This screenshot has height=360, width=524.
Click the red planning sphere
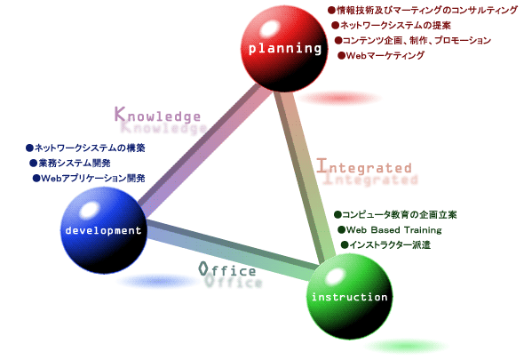point(284,49)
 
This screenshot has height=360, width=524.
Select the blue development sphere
point(104,230)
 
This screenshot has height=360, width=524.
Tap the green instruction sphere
point(350,296)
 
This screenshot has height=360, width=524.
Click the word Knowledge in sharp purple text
point(157,115)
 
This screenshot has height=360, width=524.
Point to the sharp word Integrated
point(364,166)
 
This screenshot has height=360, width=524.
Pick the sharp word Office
point(227,269)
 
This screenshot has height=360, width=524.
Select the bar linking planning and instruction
point(305,176)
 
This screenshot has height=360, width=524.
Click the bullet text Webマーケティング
point(381,55)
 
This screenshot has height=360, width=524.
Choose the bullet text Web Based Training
point(390,230)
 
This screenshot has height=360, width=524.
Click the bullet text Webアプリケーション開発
point(89,178)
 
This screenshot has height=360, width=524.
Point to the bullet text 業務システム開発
point(70,163)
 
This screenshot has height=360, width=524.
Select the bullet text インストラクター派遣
point(385,245)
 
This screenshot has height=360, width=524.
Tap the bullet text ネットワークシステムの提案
point(392,25)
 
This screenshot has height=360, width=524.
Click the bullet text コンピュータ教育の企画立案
point(395,214)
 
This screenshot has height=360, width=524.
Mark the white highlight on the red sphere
point(269,28)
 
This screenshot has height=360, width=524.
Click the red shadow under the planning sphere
point(339,98)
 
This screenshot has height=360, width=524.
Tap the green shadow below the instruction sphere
point(406,346)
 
